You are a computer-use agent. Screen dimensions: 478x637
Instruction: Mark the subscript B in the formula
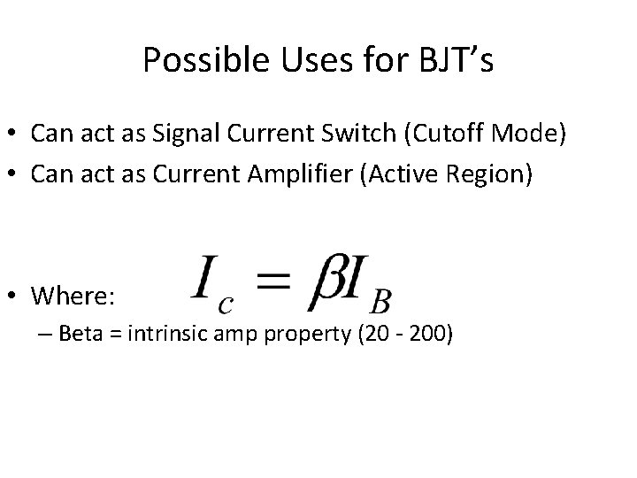(380, 302)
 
